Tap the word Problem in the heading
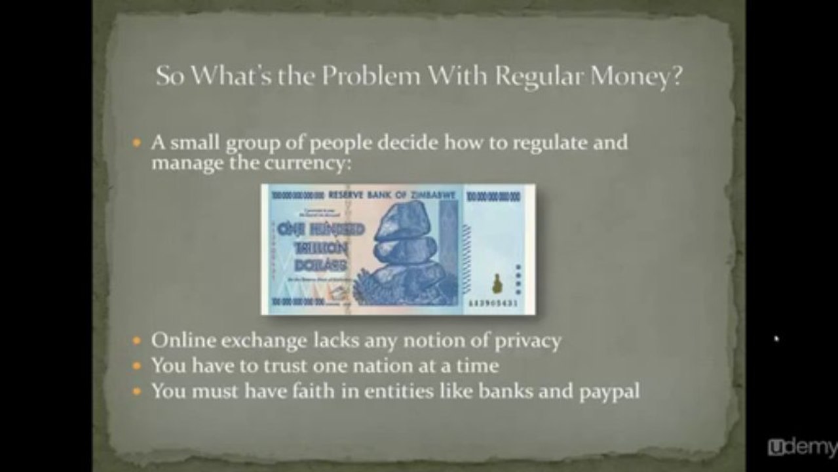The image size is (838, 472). coord(370,77)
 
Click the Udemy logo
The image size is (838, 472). coord(801,448)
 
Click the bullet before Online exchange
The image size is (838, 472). coord(136,342)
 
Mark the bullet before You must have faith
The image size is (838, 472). coord(136,392)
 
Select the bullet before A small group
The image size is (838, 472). coord(136,142)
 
